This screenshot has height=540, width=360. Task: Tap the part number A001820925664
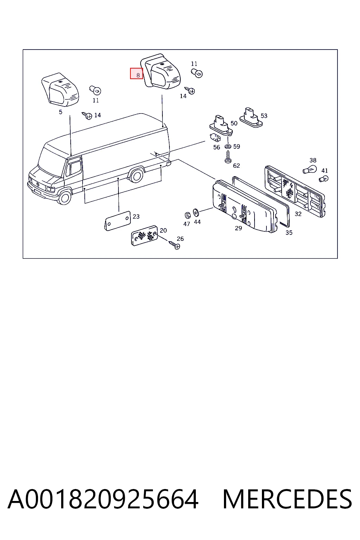(103, 499)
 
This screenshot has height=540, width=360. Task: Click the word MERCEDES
(287, 499)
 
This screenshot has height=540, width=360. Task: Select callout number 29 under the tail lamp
(238, 228)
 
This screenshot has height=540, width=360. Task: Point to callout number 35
(289, 233)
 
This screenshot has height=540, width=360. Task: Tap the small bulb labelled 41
(323, 179)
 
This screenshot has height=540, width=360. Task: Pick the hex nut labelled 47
(187, 215)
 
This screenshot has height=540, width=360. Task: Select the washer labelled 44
(196, 213)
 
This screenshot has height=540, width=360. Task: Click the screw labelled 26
(174, 245)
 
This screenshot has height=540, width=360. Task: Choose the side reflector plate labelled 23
(117, 221)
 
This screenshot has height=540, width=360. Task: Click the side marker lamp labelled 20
(144, 236)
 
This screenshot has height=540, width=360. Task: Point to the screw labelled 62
(228, 157)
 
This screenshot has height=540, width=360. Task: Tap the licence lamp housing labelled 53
(251, 118)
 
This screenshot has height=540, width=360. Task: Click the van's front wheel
(64, 197)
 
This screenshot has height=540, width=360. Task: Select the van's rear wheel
(136, 176)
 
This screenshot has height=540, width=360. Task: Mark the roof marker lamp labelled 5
(60, 89)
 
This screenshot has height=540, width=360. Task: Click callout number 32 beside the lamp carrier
(298, 214)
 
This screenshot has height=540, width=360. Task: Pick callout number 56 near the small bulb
(217, 147)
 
